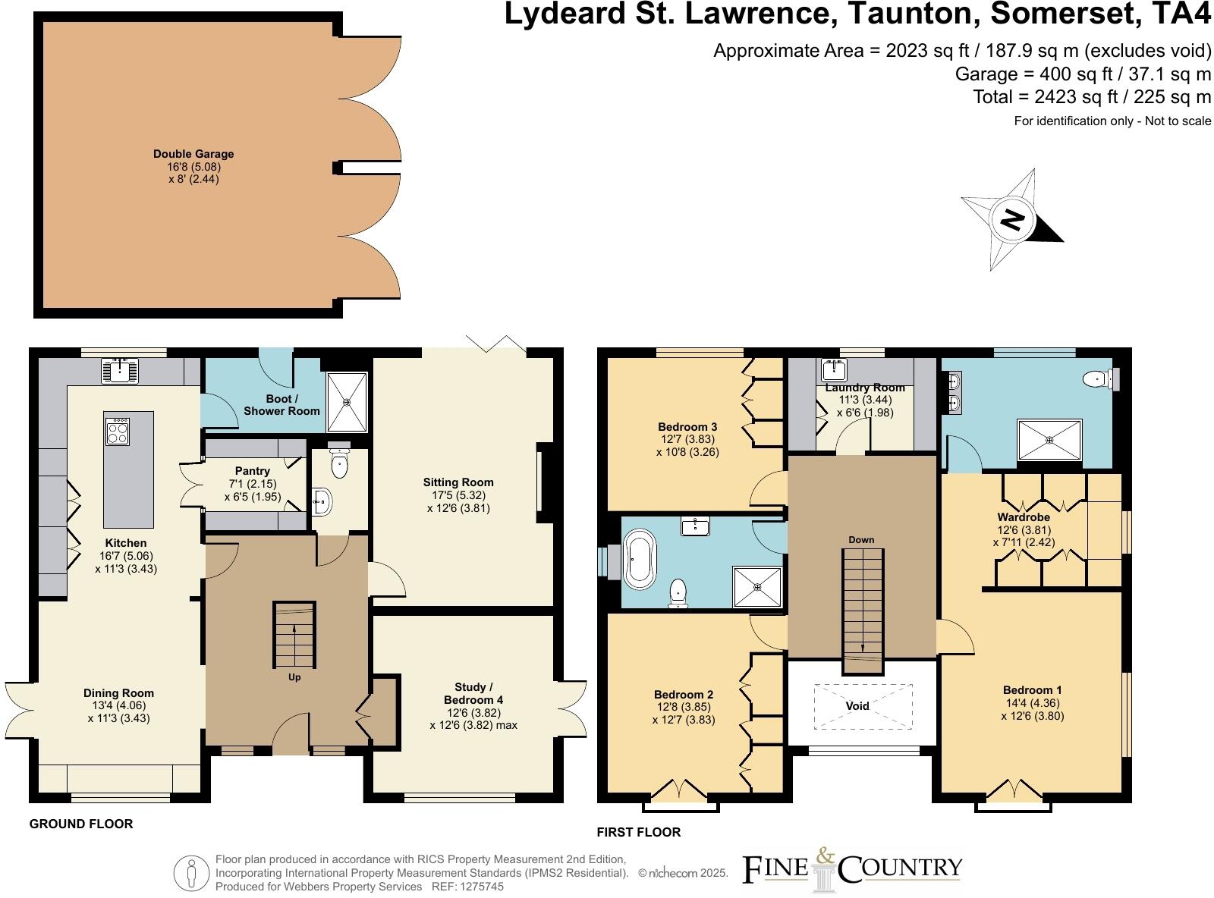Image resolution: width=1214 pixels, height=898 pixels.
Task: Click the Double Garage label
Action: pos(193,154)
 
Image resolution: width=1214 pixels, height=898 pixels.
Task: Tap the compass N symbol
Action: pos(1012,221)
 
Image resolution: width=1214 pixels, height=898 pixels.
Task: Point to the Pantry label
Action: pos(252,471)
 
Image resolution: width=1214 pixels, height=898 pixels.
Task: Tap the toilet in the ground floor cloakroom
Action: pos(339,463)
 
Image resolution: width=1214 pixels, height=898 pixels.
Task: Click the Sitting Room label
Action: pos(458,482)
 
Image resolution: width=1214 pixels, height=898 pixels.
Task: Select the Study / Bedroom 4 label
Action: pos(473,693)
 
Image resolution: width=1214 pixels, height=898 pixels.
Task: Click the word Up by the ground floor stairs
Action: pos(294,677)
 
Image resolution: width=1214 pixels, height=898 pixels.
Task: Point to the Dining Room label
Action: pos(118,693)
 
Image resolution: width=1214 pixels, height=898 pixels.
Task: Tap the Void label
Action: pos(857,706)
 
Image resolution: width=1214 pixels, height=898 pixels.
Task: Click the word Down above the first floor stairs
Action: pos(861,540)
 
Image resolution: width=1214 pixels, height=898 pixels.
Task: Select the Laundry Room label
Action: pos(865,388)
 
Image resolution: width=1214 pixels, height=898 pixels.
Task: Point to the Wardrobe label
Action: pos(1023,517)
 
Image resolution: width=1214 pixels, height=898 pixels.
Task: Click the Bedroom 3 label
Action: pos(687,427)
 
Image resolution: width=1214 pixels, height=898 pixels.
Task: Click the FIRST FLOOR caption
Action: pos(638,832)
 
